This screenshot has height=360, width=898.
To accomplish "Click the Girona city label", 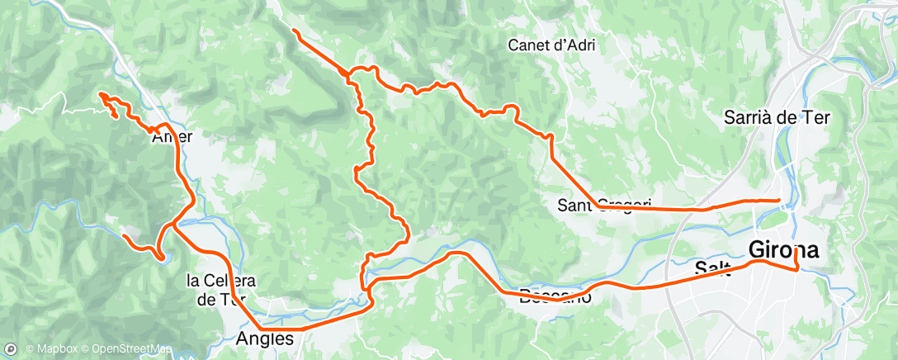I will [783, 249].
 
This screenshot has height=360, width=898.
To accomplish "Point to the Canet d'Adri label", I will [551, 45].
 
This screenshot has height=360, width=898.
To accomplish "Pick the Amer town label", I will [172, 138].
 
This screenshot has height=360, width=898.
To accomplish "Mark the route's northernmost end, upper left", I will [294, 30].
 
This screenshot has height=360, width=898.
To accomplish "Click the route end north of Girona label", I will [780, 200].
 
